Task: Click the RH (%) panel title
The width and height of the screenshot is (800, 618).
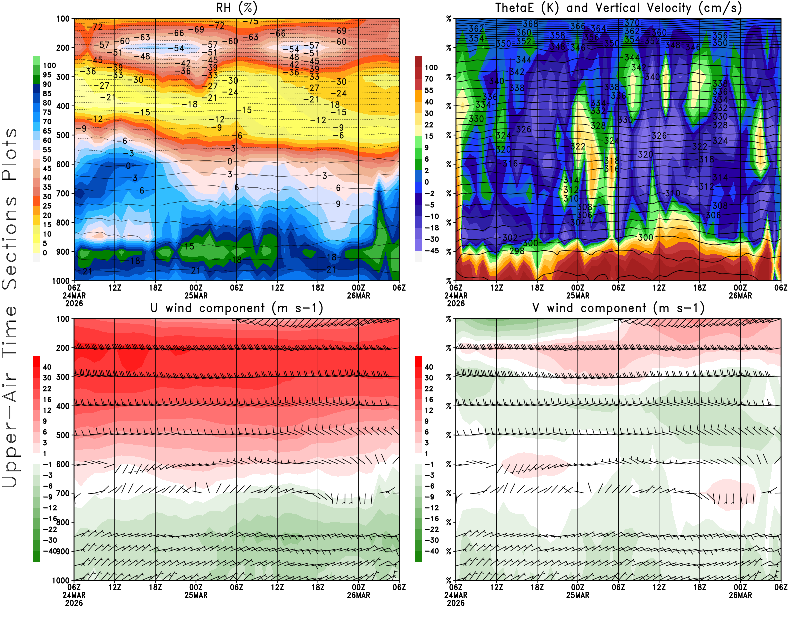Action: [x=236, y=8]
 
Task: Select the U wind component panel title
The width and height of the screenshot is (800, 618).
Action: [x=236, y=308]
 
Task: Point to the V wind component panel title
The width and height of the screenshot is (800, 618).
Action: [x=618, y=308]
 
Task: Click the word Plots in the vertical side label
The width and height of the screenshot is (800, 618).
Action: [x=10, y=155]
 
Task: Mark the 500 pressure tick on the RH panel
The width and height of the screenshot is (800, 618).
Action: [x=63, y=135]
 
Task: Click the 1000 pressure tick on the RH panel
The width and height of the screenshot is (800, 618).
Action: [x=61, y=281]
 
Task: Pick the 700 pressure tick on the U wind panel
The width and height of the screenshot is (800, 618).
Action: [x=63, y=493]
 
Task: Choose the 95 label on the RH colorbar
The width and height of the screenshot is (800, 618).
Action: [x=47, y=75]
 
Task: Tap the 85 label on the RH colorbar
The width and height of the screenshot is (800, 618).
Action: [x=47, y=94]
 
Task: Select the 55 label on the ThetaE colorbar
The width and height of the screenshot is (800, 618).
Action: [x=429, y=90]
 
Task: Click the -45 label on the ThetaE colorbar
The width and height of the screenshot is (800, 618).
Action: [x=432, y=251]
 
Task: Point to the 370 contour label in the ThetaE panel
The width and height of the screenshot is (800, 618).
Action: [x=632, y=23]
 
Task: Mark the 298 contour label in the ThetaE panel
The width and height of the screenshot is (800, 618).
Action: [x=517, y=251]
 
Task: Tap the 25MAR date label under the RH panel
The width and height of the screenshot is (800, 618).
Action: [x=196, y=295]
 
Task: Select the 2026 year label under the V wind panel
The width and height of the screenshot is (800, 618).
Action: [x=456, y=603]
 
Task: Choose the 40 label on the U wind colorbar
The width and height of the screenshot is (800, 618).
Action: [x=47, y=367]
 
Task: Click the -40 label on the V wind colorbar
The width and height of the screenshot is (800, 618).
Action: [x=432, y=551]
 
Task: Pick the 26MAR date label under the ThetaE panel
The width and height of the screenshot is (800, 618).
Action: [x=740, y=295]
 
